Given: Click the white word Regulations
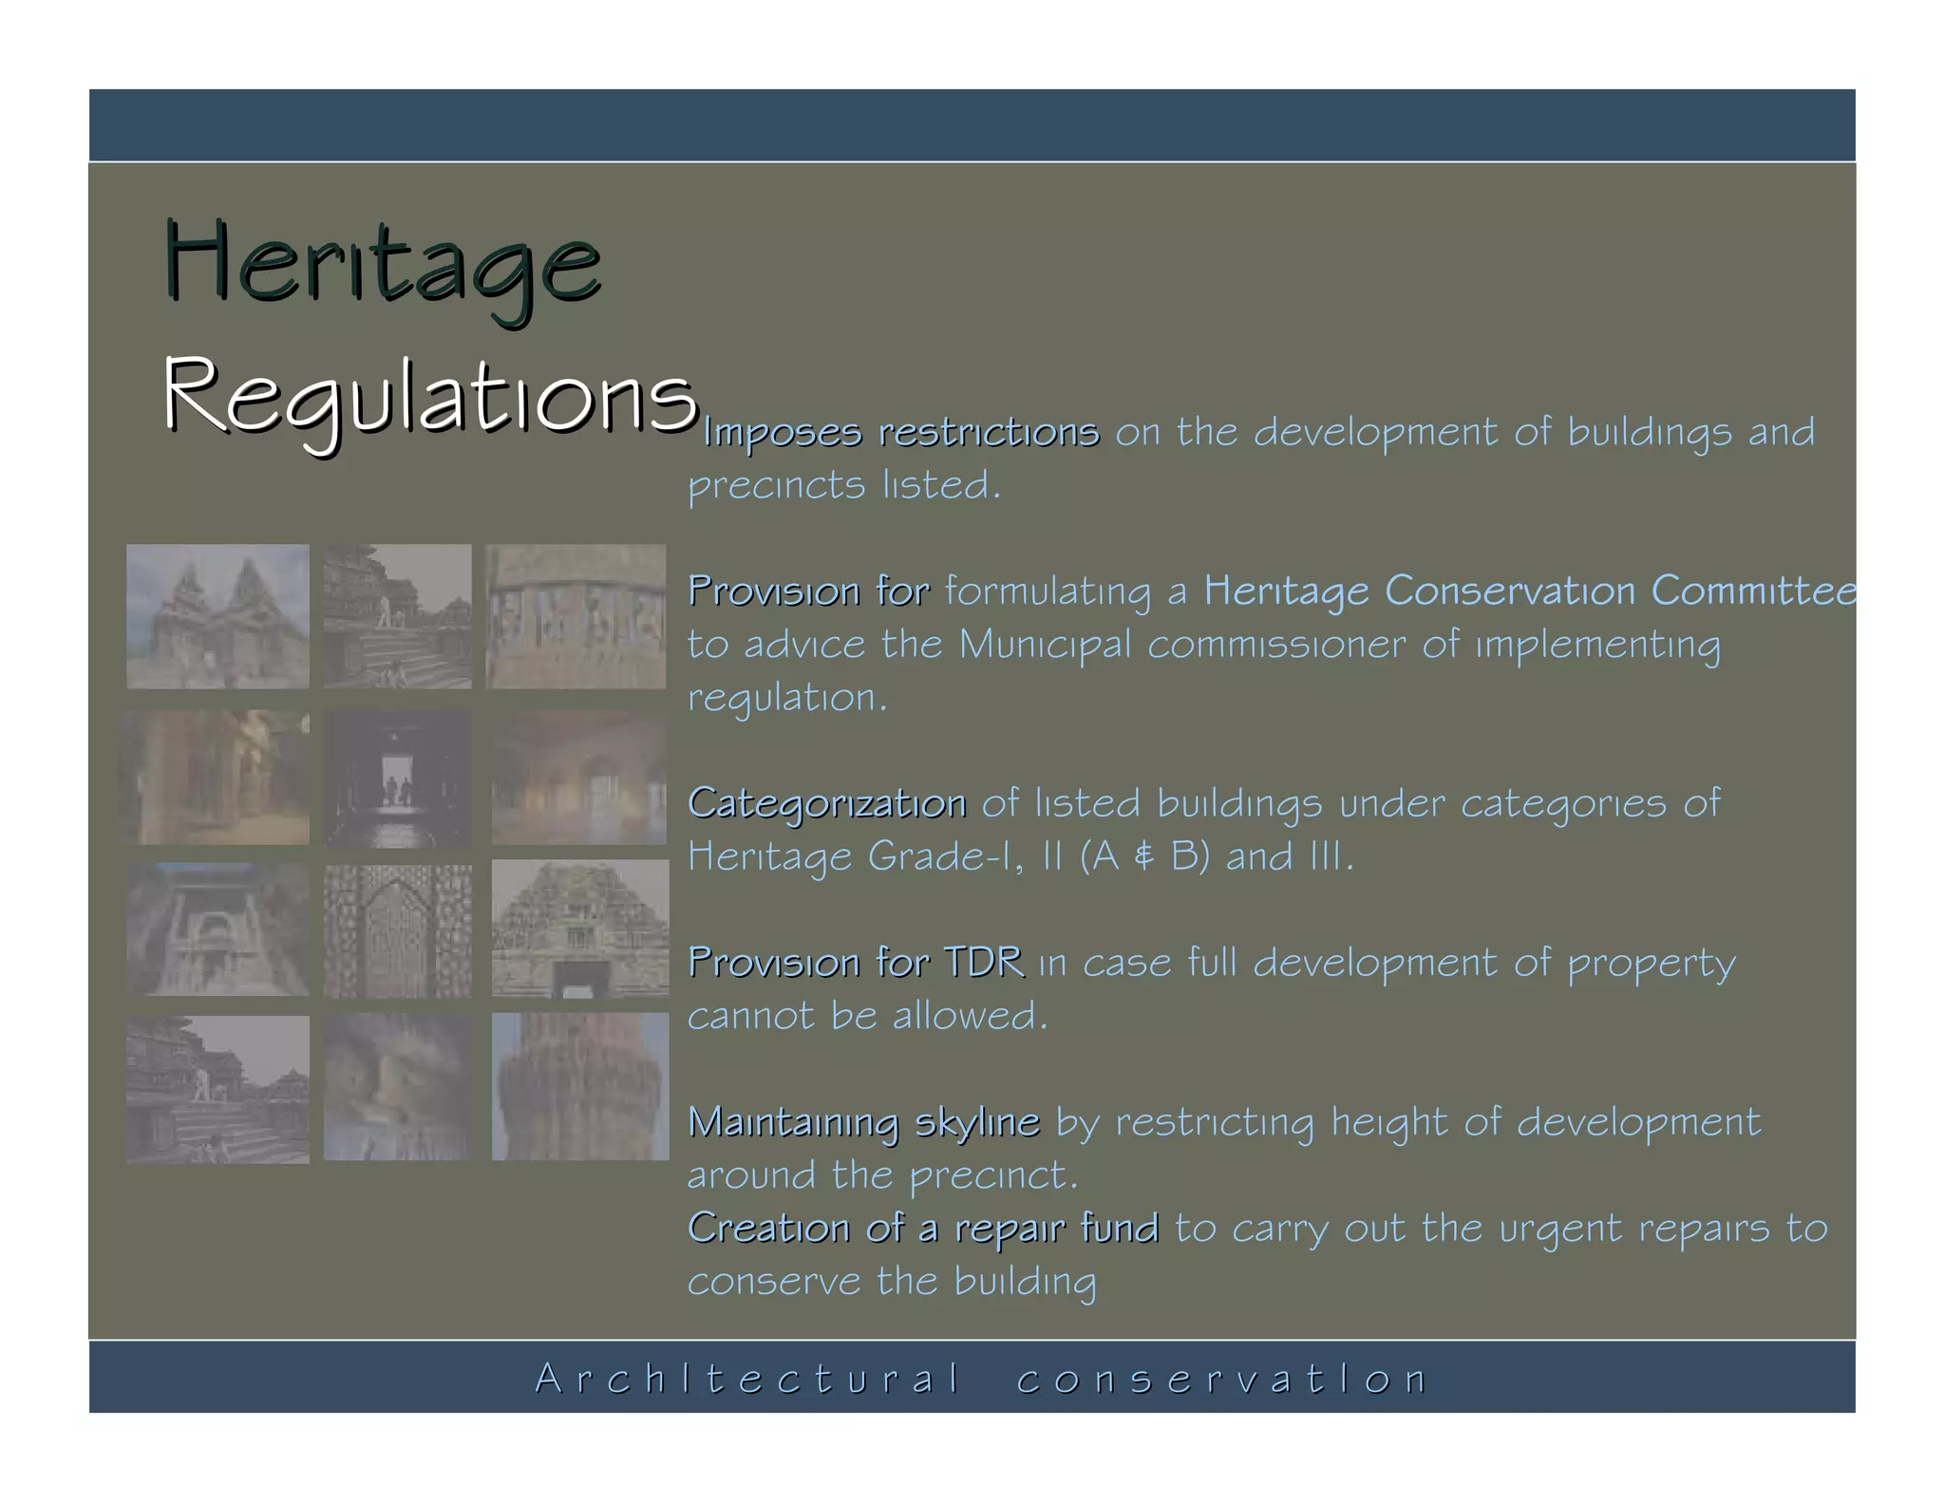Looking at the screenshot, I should tap(430, 397).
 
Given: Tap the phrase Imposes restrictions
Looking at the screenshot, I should tap(900, 433).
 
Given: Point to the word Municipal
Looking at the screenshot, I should tap(1045, 645).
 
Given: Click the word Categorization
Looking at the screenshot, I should tap(826, 803).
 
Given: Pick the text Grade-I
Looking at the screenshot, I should tap(945, 856).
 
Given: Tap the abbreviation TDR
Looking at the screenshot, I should tap(984, 962).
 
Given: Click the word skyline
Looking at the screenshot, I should tap(977, 1122).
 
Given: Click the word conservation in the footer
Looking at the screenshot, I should tap(1221, 1379).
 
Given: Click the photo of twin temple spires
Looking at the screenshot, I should tap(217, 616).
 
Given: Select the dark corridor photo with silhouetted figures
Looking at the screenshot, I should tap(397, 779).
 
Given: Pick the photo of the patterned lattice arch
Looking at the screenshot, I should tap(397, 930).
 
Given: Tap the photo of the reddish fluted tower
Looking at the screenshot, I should tap(580, 1086).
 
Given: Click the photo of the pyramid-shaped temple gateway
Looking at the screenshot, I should tap(580, 929).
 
